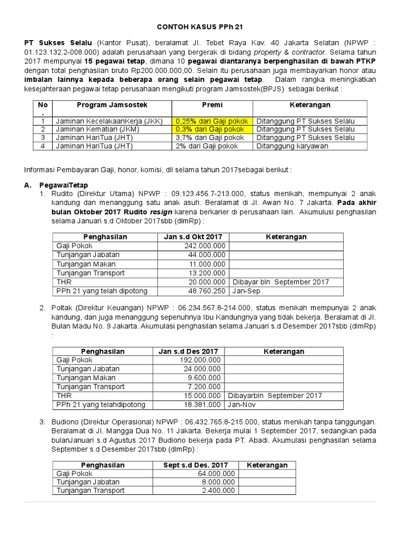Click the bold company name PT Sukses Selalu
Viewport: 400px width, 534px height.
58,42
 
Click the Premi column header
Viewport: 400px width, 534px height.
212,105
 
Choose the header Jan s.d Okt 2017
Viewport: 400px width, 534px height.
193,236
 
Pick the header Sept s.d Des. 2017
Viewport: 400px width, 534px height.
195,465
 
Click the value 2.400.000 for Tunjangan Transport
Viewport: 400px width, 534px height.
219,490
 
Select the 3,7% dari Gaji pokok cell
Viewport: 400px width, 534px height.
207,138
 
